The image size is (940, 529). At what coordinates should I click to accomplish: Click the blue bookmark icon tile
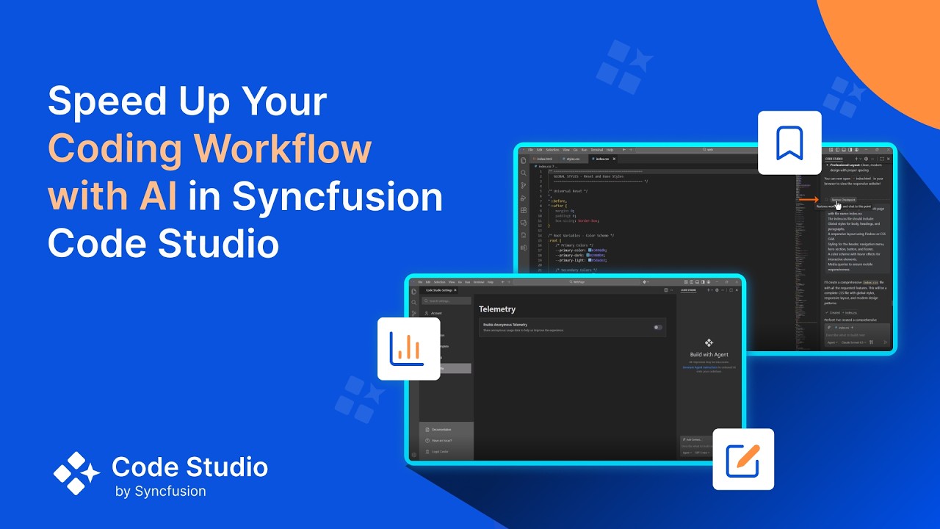click(x=789, y=143)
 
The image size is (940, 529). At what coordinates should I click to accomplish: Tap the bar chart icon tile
click(x=408, y=348)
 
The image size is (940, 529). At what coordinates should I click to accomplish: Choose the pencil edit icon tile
click(x=743, y=459)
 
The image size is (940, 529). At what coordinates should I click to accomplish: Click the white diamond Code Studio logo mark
click(x=76, y=473)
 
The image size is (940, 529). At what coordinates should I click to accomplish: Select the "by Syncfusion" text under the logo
click(x=161, y=492)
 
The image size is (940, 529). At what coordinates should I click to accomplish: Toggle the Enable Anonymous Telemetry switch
click(x=658, y=327)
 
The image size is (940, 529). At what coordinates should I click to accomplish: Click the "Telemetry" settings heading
click(x=497, y=309)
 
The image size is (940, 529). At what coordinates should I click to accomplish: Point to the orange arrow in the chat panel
click(x=809, y=199)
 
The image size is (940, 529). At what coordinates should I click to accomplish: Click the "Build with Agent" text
click(x=709, y=355)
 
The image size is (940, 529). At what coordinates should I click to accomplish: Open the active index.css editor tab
click(x=603, y=159)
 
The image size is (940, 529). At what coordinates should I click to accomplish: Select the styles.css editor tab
click(x=571, y=159)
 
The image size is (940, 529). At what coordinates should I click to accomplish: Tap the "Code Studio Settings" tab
click(x=441, y=290)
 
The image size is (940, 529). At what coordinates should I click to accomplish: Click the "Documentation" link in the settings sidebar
click(x=441, y=429)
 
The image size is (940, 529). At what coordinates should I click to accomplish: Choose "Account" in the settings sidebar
click(x=436, y=313)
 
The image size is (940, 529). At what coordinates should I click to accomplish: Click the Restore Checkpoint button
click(x=843, y=199)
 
